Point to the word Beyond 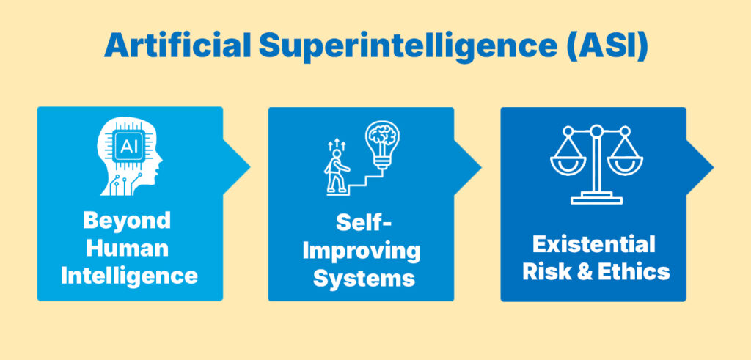(126, 220)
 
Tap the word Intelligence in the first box (129, 275)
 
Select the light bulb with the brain (383, 143)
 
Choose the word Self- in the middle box (360, 222)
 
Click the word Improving (362, 250)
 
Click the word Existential (593, 243)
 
